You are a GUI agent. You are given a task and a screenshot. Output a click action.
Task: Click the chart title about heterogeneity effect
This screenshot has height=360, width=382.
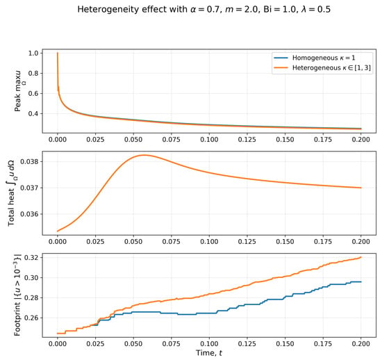[204, 10]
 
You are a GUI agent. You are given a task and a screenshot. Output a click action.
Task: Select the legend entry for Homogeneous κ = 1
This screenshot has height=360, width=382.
[314, 58]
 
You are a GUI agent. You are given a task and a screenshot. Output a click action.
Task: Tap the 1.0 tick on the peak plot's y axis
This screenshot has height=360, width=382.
[33, 53]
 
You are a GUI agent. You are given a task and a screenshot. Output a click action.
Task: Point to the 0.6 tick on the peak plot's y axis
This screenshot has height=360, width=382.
[33, 93]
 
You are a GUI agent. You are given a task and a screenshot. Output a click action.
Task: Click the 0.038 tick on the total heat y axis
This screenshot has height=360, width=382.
[29, 162]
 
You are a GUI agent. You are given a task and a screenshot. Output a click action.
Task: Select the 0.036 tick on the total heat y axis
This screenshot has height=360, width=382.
[29, 214]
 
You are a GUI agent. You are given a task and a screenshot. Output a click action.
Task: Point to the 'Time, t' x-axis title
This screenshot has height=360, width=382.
[209, 353]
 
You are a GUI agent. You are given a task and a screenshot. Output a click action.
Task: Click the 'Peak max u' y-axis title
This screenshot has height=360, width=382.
[19, 91]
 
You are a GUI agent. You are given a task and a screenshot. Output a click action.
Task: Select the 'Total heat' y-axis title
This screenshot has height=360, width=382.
[11, 193]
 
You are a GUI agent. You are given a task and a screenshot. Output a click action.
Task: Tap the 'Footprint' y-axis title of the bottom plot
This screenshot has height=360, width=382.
[17, 295]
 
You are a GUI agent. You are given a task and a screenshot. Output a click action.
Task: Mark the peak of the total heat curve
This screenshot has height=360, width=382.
[144, 155]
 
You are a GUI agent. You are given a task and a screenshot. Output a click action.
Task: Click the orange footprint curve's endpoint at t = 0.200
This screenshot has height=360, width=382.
[360, 257]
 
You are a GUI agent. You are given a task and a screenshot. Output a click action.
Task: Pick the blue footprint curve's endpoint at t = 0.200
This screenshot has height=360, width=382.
[360, 281]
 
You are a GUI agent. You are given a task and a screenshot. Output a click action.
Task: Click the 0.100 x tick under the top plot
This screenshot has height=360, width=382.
[209, 140]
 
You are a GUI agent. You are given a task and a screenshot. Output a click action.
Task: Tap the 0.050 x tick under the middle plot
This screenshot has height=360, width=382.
[133, 242]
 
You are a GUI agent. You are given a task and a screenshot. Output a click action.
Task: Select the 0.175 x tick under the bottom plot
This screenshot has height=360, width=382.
[323, 344]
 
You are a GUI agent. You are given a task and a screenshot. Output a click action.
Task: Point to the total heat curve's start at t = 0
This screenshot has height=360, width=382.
[58, 231]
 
